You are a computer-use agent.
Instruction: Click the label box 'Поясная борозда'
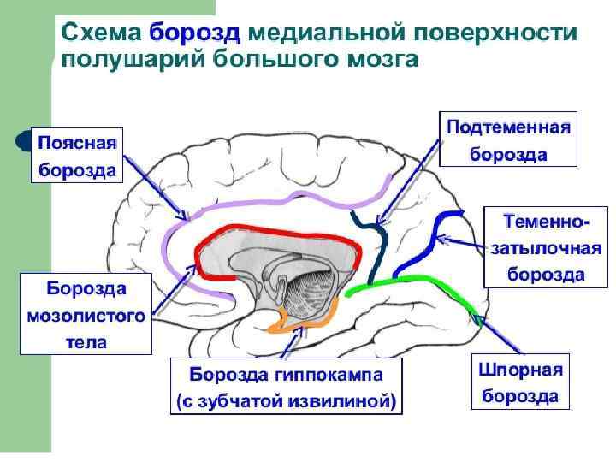coord(76,154)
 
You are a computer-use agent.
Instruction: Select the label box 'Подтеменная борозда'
coord(508,139)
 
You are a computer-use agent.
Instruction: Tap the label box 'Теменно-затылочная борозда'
coord(546,247)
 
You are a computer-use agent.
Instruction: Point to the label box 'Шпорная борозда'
coord(520,382)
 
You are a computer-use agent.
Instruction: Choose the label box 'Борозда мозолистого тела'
coord(85,313)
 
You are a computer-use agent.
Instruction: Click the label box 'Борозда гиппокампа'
coord(286,375)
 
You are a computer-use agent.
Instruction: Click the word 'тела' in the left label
coord(85,342)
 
